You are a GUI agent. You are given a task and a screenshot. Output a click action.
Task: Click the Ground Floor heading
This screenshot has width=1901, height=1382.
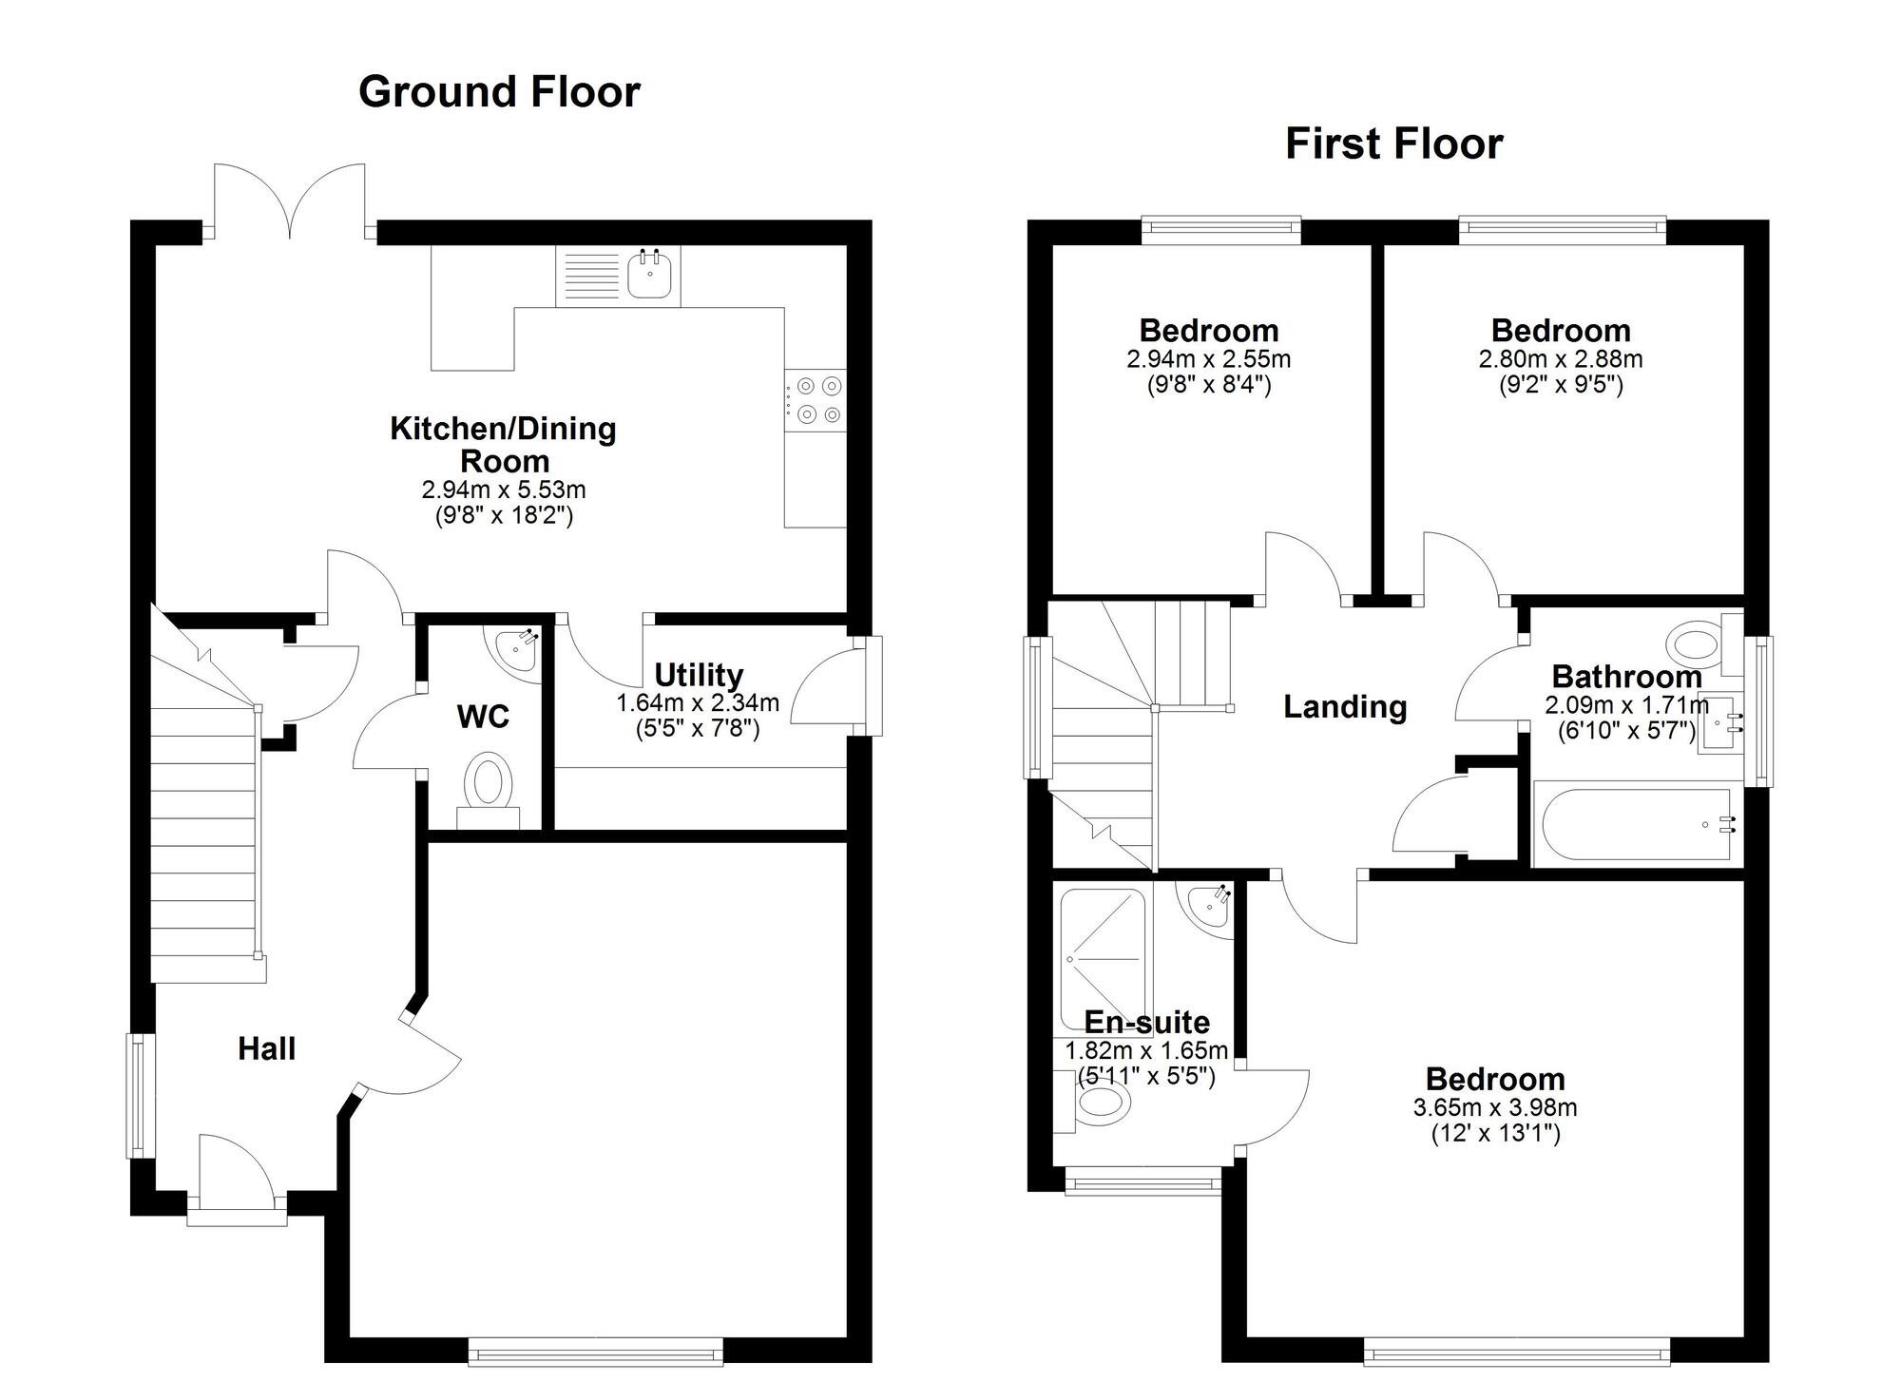pos(499,92)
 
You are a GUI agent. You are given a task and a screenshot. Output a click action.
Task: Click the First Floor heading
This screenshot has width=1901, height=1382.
pos(1393,144)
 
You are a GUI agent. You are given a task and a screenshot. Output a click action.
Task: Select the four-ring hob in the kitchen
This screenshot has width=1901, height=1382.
pos(816,400)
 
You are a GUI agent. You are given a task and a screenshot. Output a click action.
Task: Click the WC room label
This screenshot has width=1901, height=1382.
pos(483,717)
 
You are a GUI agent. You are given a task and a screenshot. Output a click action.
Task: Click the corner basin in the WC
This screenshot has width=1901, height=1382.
pos(516,649)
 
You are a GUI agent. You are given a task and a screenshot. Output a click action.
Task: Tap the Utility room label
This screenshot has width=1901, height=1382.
pos(699,675)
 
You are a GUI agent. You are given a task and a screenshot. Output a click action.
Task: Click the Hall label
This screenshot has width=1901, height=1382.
pos(266,1049)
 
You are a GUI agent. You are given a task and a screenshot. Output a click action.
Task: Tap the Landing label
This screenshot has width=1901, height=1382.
pos(1344,707)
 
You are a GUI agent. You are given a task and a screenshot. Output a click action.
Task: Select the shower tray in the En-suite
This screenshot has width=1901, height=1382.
pos(1103,960)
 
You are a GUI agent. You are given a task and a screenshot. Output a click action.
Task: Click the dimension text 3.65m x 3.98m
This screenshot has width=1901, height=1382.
pos(1494,1108)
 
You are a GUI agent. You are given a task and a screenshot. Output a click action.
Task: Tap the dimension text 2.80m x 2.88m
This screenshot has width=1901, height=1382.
pos(1560,359)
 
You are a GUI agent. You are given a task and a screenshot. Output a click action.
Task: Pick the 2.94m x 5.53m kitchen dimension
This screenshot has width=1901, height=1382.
pos(503,490)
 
